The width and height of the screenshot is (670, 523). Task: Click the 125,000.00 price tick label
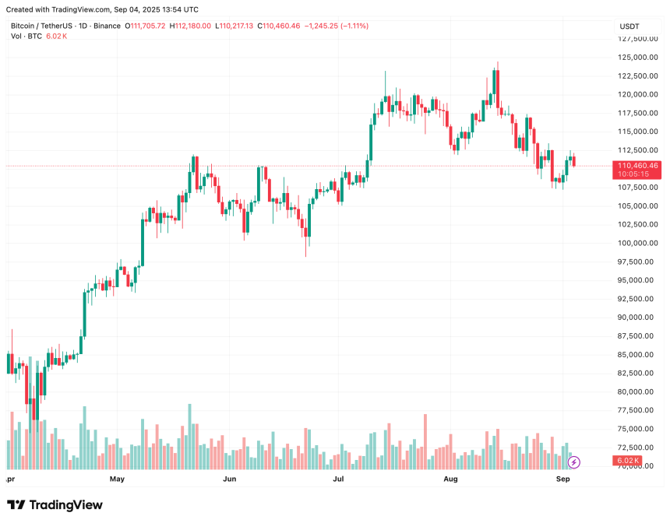[x=635, y=58]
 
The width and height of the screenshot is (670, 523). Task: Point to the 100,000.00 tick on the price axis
[x=635, y=243]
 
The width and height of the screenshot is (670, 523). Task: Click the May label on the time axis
[x=118, y=479]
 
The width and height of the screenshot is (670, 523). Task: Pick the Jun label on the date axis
[x=230, y=479]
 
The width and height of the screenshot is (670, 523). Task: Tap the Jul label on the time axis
[x=340, y=479]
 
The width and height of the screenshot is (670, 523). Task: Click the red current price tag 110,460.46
[x=637, y=166]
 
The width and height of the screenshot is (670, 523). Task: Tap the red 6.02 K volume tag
[x=628, y=462]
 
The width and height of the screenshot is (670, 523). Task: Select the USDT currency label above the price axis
[x=629, y=26]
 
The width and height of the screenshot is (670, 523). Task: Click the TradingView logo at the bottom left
[x=55, y=505]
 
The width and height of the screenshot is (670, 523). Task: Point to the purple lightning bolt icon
[x=574, y=462]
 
